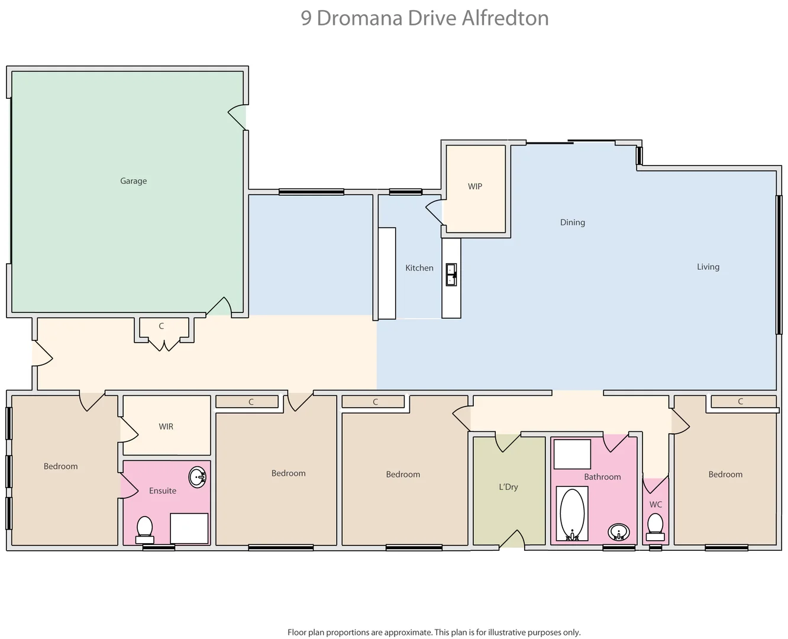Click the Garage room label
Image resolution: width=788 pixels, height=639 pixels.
point(133,181)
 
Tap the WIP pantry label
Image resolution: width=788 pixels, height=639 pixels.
point(475,186)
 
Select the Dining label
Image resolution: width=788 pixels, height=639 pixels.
point(572,222)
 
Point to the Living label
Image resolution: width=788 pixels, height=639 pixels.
point(708,267)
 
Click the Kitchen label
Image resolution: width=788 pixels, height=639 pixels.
point(419,268)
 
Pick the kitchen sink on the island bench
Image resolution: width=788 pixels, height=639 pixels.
point(451,275)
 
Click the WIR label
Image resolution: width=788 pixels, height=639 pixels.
point(166,427)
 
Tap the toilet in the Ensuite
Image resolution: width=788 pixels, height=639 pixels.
point(144,528)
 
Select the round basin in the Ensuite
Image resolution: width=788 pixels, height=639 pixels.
point(198,476)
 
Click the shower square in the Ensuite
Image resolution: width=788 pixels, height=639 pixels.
point(189,528)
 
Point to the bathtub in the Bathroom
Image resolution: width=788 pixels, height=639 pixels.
point(572,514)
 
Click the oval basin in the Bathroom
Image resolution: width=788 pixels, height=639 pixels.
point(619,532)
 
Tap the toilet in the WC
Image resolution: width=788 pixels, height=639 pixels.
point(655,526)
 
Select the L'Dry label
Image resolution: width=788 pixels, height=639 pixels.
point(508,487)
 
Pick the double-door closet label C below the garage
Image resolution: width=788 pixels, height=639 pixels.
point(161,326)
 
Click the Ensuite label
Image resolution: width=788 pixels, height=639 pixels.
point(163,490)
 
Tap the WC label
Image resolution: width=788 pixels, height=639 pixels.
point(655,505)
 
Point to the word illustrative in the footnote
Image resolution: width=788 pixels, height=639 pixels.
point(500,632)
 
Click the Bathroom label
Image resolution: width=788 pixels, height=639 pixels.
point(602,477)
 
